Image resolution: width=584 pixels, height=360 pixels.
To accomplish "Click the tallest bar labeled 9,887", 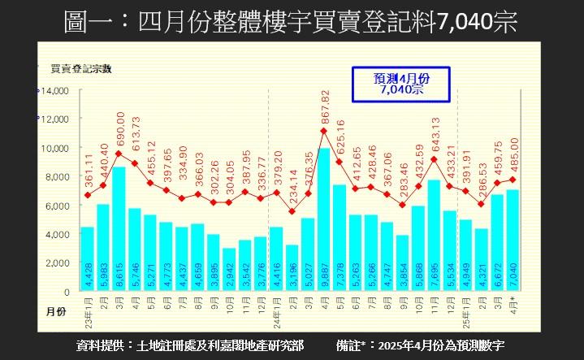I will [323, 219].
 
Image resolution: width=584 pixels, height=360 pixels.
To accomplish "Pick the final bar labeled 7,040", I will [513, 241].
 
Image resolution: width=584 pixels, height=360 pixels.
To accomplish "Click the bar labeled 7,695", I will [434, 236].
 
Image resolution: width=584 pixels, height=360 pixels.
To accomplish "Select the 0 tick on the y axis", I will [67, 292].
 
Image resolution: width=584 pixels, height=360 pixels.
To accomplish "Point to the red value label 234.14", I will [293, 189].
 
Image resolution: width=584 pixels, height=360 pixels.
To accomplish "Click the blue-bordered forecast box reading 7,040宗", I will [401, 83].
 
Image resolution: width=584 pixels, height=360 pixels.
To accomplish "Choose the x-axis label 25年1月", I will [465, 308].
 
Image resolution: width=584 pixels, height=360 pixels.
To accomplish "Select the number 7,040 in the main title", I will [464, 21].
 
